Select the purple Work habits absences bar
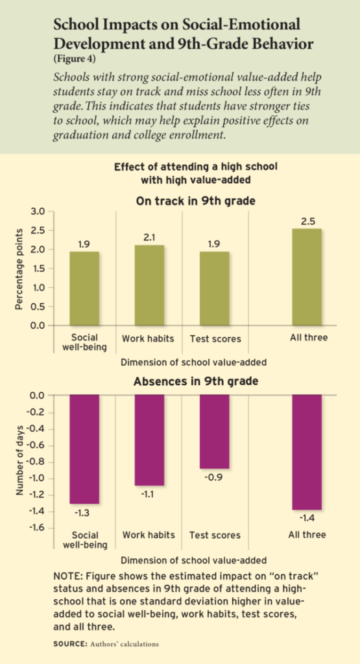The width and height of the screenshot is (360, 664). click(150, 440)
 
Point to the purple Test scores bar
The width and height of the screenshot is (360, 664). click(215, 431)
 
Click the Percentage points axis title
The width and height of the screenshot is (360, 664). click(21, 268)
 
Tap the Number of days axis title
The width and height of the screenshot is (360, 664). click(21, 460)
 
